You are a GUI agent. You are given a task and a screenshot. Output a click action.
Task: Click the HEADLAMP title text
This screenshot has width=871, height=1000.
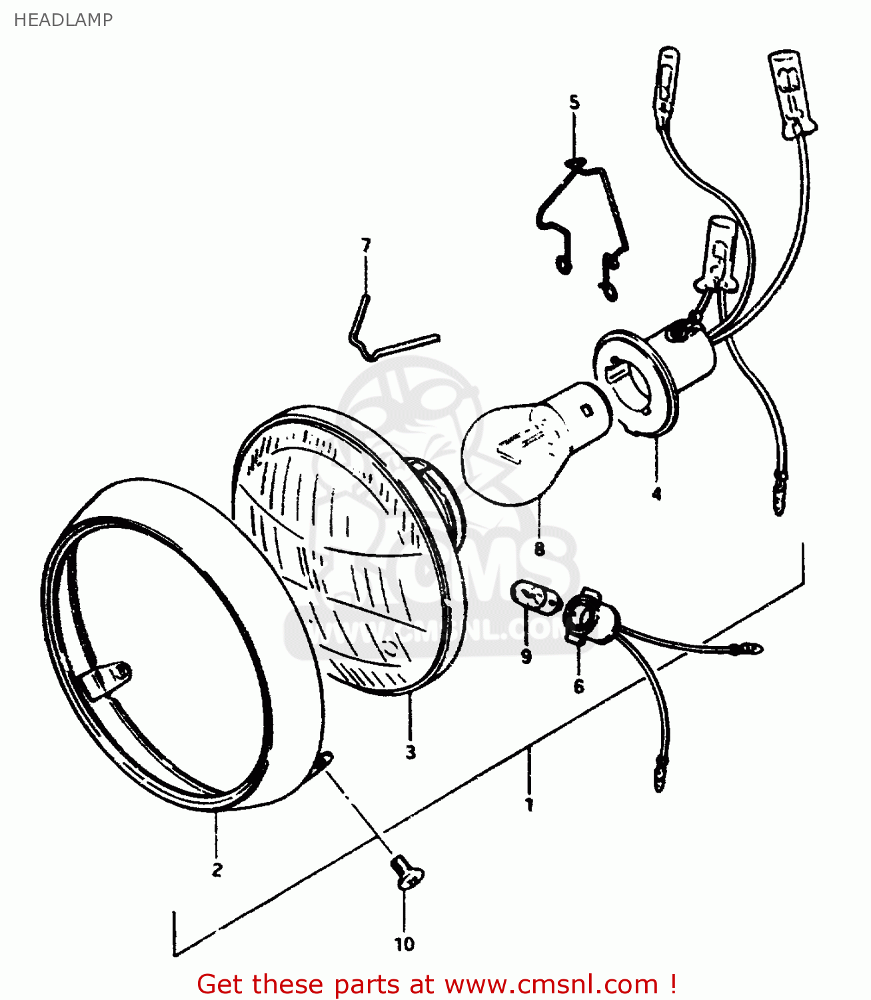pyautogui.click(x=63, y=20)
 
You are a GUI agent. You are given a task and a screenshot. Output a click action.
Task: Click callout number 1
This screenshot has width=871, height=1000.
pyautogui.click(x=529, y=805)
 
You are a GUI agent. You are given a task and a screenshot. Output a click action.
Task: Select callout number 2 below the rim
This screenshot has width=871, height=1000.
pyautogui.click(x=217, y=869)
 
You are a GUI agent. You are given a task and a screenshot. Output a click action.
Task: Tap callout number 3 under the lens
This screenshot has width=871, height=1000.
pyautogui.click(x=411, y=752)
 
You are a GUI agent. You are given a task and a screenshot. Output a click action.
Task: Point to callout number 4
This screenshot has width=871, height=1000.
pyautogui.click(x=656, y=494)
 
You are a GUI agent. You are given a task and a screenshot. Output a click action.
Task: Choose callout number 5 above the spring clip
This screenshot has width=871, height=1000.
pyautogui.click(x=574, y=103)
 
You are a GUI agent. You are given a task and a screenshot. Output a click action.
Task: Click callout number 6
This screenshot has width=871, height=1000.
pyautogui.click(x=578, y=686)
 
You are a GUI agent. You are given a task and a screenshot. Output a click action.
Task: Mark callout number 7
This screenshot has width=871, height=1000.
pyautogui.click(x=365, y=245)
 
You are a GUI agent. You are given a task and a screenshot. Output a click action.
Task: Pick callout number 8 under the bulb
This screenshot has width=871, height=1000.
pyautogui.click(x=539, y=549)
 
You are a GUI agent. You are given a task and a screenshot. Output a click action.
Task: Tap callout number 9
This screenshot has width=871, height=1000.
pyautogui.click(x=526, y=657)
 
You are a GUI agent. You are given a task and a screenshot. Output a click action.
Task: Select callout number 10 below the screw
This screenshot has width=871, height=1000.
pyautogui.click(x=405, y=944)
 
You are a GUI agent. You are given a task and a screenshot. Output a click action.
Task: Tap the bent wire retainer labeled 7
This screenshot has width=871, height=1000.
pyautogui.click(x=387, y=337)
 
